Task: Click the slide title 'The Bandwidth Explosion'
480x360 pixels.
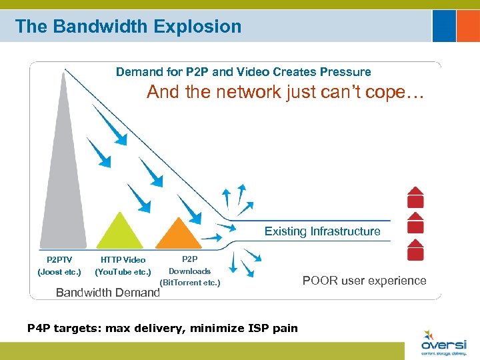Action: [x=128, y=27]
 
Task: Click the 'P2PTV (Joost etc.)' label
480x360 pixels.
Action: [x=59, y=265]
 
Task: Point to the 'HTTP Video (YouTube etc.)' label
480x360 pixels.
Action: [x=123, y=265]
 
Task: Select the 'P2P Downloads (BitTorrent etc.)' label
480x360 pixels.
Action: [x=189, y=271]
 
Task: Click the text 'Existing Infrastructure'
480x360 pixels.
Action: [x=322, y=231]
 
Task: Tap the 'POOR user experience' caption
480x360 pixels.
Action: [x=364, y=280]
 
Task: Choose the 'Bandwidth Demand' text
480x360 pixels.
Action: [x=107, y=292]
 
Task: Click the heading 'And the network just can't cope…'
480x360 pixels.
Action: [x=285, y=92]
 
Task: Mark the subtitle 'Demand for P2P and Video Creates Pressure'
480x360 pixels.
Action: [x=243, y=71]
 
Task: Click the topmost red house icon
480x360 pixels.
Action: [x=415, y=197]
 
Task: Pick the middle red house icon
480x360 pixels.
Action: [x=415, y=223]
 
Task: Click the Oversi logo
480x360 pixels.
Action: [x=444, y=343]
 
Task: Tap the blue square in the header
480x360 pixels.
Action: [x=444, y=26]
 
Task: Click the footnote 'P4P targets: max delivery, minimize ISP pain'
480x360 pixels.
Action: [x=162, y=328]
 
